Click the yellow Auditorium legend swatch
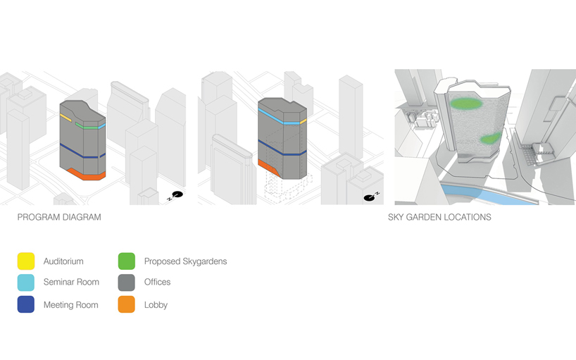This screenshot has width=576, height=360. point(26,261)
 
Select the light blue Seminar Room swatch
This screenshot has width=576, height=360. point(26,283)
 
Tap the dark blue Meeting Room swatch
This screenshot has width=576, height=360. point(26,304)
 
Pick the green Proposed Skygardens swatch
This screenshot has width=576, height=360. point(126,261)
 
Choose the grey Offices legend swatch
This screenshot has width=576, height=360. point(126,283)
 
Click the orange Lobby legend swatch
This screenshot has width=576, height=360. point(126,304)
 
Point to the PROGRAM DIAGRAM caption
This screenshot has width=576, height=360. point(59,217)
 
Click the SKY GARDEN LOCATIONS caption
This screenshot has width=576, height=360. point(439,217)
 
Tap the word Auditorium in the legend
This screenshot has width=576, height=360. point(63,261)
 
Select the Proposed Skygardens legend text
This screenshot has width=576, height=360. point(185,261)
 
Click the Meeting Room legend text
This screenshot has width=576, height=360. point(71,305)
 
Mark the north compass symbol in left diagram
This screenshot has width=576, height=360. point(177,195)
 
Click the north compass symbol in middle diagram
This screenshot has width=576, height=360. point(370,197)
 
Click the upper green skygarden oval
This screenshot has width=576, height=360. point(467,104)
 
